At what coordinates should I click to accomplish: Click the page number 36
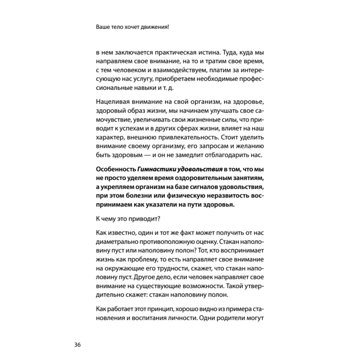click(x=77, y=345)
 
